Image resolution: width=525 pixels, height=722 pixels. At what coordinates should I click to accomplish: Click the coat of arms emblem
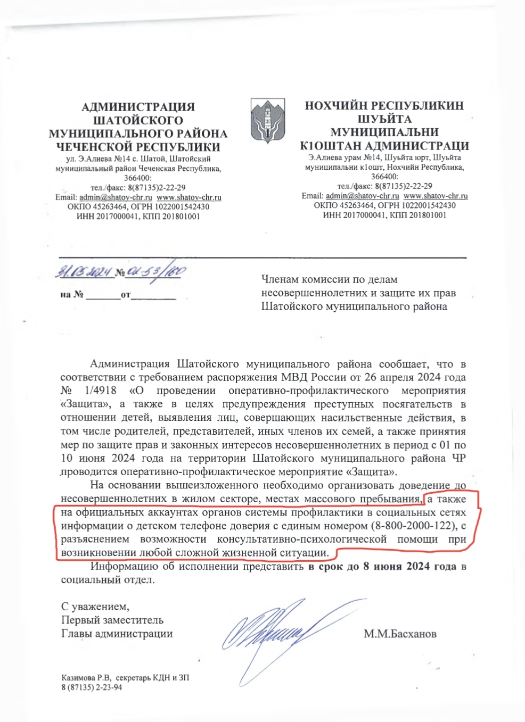coord(267,121)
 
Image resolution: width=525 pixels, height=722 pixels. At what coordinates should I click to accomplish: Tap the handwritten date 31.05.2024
coord(84,272)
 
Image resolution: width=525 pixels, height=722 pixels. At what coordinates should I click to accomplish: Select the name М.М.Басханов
coord(400,634)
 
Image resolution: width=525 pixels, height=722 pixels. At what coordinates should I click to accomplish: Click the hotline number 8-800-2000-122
coord(414,526)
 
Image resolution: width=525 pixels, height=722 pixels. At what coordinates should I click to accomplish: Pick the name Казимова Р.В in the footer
coord(86,677)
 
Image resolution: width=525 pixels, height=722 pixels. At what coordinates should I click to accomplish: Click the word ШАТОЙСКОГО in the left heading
coord(138,120)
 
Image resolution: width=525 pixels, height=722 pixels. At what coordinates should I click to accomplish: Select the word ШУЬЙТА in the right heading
coord(384,119)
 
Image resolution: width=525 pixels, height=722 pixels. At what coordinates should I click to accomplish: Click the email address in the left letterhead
coord(116,197)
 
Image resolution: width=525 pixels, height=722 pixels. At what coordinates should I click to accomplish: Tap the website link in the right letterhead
coord(436,196)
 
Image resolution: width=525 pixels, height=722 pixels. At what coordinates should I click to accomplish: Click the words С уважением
coord(95,606)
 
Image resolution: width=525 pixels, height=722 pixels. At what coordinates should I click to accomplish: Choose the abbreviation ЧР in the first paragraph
coord(459,459)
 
